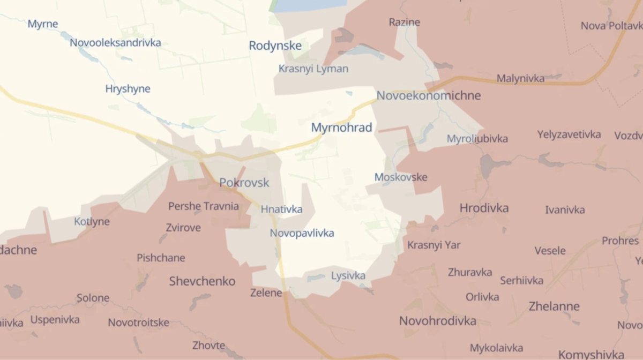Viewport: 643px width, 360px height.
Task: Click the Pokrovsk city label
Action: tap(244, 183)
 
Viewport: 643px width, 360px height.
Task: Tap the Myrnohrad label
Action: tap(341, 127)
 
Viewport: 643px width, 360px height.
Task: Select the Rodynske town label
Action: tap(275, 46)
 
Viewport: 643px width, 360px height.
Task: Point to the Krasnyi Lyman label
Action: tap(313, 69)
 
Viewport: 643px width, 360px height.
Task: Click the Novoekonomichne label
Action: tap(429, 95)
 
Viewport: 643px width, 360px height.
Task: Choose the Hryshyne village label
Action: tap(128, 88)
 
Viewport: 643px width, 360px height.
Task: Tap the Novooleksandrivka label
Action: tap(115, 43)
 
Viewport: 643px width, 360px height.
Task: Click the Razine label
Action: tap(404, 22)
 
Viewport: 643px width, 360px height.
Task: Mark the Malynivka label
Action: tap(520, 78)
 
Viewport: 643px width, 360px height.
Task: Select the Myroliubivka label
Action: tap(477, 139)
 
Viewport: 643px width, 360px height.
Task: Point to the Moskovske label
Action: tap(401, 177)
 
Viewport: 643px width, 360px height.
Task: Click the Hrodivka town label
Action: tap(484, 208)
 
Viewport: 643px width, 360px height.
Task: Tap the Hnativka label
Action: tap(281, 209)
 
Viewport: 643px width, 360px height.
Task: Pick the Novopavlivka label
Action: tap(302, 233)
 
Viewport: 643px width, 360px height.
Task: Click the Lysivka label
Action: tap(348, 276)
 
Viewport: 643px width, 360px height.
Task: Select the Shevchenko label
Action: tap(202, 281)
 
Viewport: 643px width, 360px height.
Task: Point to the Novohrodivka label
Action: tap(438, 321)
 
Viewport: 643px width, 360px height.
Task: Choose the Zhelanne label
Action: tap(554, 306)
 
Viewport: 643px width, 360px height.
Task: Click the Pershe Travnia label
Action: tap(204, 206)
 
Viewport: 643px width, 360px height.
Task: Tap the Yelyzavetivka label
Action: tap(569, 134)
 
